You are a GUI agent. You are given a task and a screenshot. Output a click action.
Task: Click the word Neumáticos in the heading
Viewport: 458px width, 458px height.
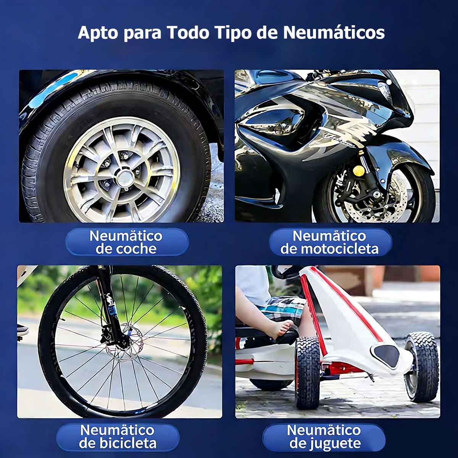point(334,32)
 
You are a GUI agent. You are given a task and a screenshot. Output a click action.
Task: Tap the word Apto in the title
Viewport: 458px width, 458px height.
point(98,33)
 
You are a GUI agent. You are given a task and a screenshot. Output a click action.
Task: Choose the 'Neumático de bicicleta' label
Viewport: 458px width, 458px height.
point(118,437)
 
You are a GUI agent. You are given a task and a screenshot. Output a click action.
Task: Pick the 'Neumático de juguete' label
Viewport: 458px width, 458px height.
point(324,437)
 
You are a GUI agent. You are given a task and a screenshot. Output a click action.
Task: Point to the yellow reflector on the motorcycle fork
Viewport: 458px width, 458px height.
point(359,170)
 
